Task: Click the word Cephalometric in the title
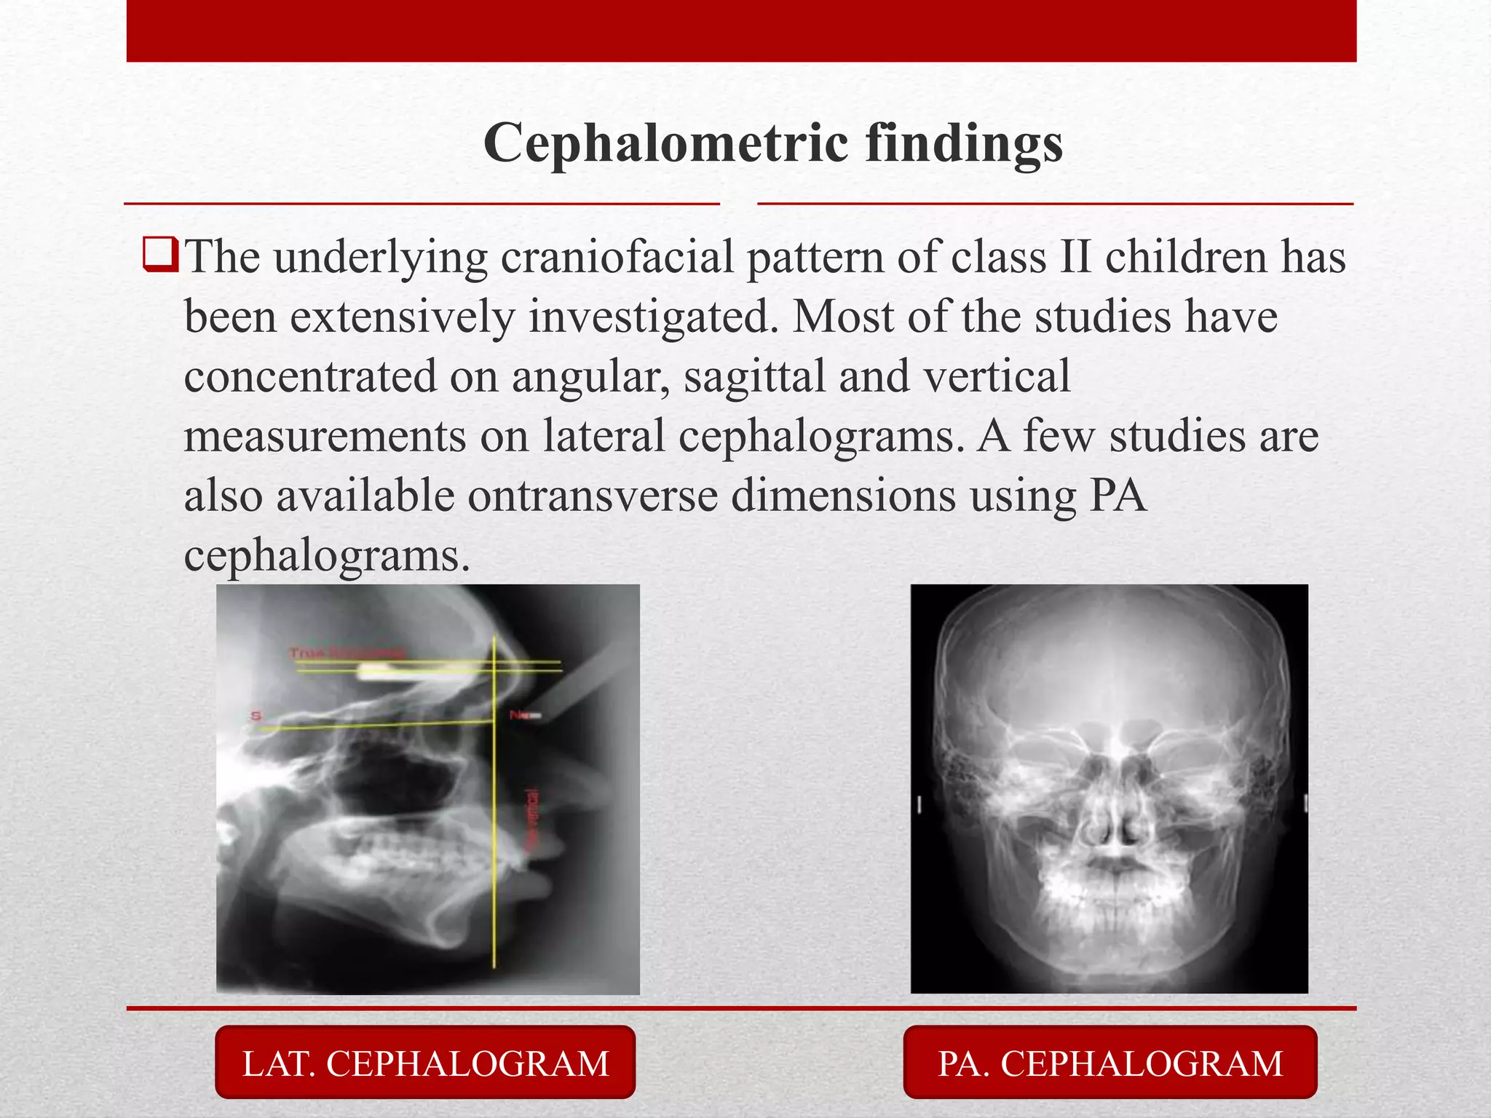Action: [665, 143]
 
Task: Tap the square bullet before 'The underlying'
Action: [159, 255]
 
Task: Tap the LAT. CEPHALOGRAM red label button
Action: [425, 1063]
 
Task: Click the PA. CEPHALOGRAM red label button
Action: [1110, 1063]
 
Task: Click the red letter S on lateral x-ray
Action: [256, 716]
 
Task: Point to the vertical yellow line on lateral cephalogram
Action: [494, 837]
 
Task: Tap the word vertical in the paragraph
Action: [997, 377]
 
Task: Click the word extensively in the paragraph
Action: [401, 317]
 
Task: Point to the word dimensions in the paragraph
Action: [843, 496]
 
